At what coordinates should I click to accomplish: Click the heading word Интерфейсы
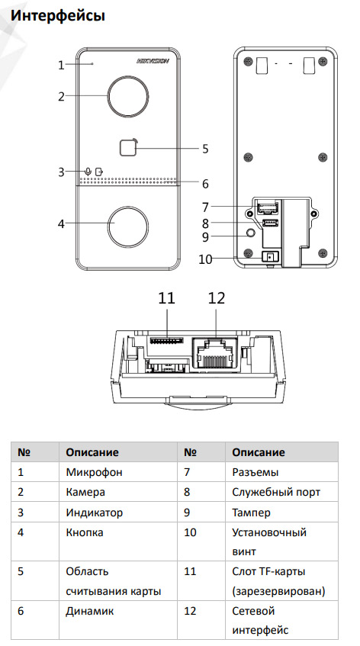[58, 15]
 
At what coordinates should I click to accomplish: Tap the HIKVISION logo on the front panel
[153, 60]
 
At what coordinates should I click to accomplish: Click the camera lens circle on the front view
[128, 96]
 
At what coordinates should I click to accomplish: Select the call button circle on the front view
[128, 224]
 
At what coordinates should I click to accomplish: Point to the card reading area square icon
[128, 148]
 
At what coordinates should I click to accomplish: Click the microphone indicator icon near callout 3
[87, 171]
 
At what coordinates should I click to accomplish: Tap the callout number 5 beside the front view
[205, 149]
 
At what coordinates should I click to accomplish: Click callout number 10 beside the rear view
[205, 259]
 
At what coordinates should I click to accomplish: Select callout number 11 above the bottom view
[167, 298]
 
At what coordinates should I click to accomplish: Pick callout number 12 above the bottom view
[217, 298]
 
